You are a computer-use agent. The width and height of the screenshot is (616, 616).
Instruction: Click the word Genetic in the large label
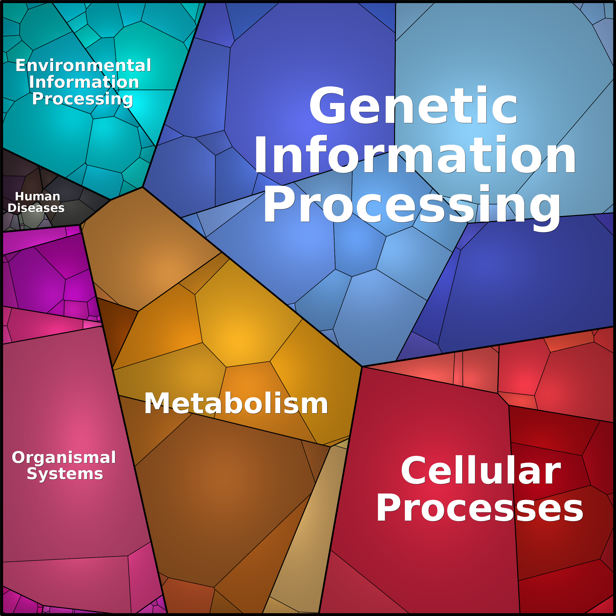tap(413, 105)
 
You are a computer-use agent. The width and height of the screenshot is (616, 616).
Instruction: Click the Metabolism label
tap(236, 404)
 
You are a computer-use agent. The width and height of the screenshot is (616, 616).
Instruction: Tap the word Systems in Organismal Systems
tap(65, 474)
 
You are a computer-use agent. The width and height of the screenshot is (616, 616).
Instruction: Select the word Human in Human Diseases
tap(38, 196)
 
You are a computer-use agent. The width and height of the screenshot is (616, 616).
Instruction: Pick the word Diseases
tap(36, 208)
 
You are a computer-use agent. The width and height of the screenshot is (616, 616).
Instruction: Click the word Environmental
tap(83, 65)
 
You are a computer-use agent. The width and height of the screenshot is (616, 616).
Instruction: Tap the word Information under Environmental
tap(84, 82)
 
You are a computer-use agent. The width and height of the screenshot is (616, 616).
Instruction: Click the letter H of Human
tap(19, 196)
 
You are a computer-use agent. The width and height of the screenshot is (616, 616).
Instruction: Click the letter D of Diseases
tap(12, 208)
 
